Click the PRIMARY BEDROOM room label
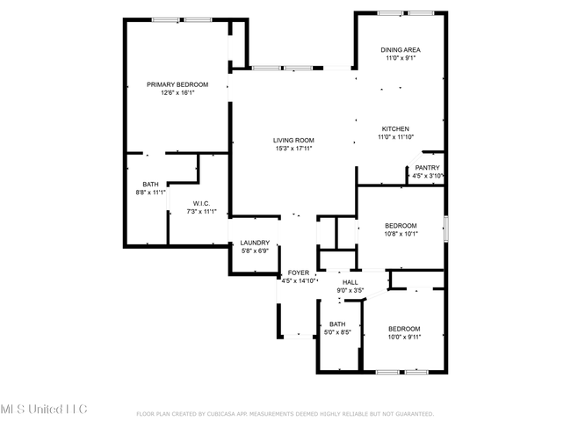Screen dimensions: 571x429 tap(177, 84)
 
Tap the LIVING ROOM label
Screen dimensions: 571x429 tap(293, 141)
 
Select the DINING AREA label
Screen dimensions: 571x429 tap(401, 50)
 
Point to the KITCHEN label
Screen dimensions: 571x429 tap(395, 128)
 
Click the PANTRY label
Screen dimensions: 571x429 tap(428, 168)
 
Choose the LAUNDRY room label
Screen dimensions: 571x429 tap(255, 243)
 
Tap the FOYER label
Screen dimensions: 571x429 tap(299, 273)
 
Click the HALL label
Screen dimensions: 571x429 tap(351, 282)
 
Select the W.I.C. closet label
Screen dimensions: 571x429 tap(201, 203)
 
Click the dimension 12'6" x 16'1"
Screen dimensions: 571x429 tap(177, 93)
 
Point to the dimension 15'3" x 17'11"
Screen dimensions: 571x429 tap(294, 149)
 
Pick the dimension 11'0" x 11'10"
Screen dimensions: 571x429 tap(396, 137)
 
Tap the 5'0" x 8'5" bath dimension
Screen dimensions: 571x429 tap(337, 332)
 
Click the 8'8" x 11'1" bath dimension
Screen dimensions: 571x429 tap(151, 193)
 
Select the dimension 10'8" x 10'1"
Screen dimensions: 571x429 tap(401, 234)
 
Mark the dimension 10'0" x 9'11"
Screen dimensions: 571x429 tap(404, 338)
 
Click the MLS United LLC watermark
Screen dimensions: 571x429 tap(44, 409)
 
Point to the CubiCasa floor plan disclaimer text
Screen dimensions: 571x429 tap(285, 414)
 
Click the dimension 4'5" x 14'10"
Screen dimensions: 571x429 tap(299, 281)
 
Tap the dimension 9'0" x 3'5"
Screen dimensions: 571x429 tap(351, 290)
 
